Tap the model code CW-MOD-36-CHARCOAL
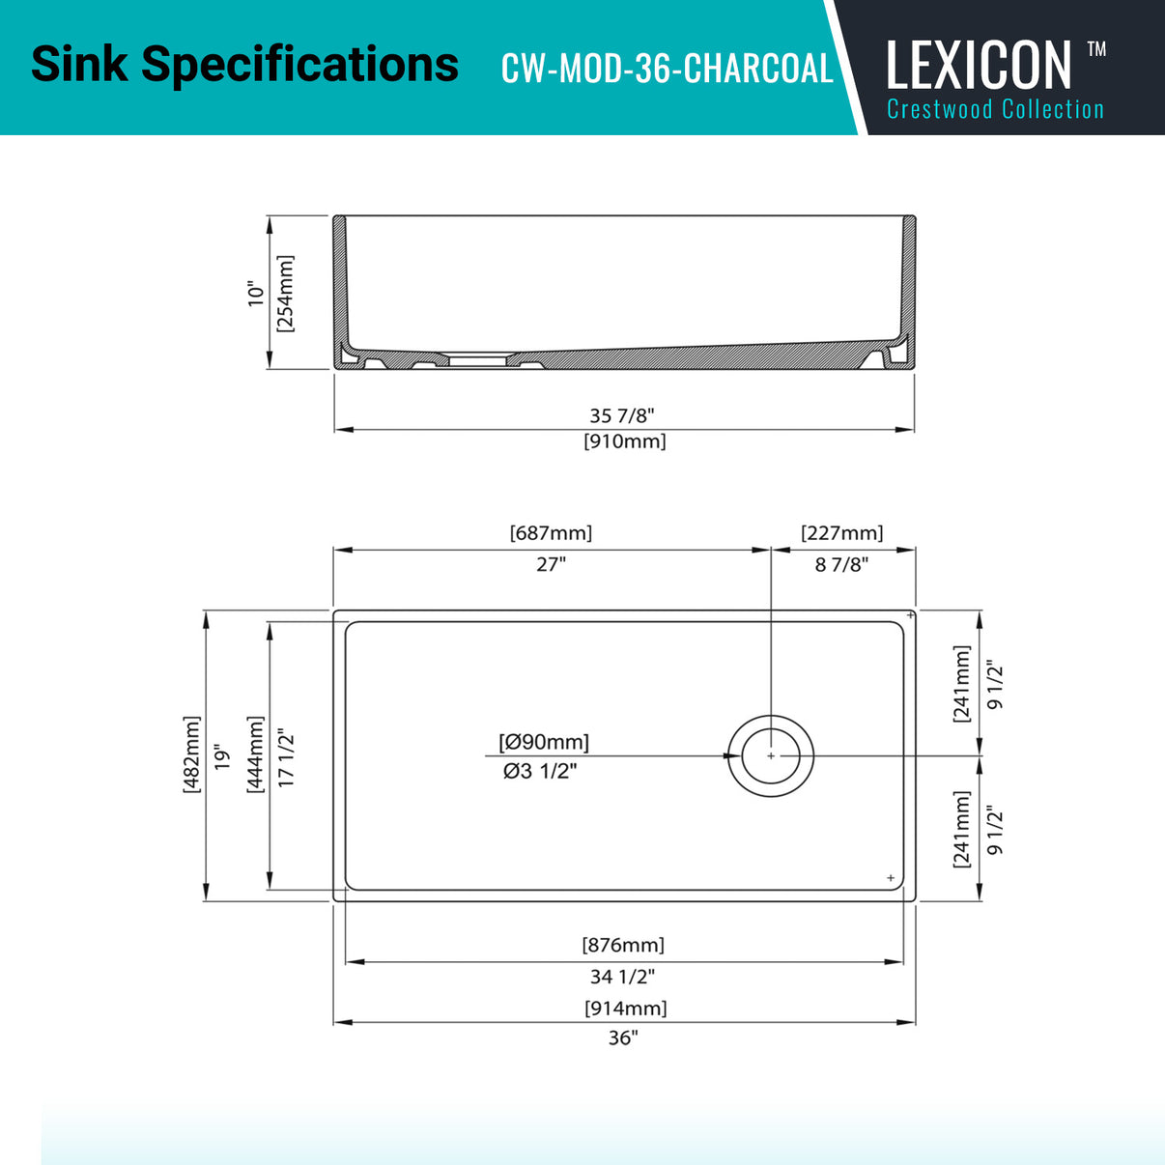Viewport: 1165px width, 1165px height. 667,68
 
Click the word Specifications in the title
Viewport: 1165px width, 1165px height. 299,65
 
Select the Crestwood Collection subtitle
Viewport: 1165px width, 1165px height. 995,109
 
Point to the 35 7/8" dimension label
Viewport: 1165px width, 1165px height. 622,416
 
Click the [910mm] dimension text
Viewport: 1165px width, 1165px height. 624,441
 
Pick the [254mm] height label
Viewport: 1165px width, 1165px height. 285,294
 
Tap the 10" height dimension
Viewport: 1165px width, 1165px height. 256,294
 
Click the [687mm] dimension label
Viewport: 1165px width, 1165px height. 551,533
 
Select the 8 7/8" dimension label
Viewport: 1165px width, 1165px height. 841,565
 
